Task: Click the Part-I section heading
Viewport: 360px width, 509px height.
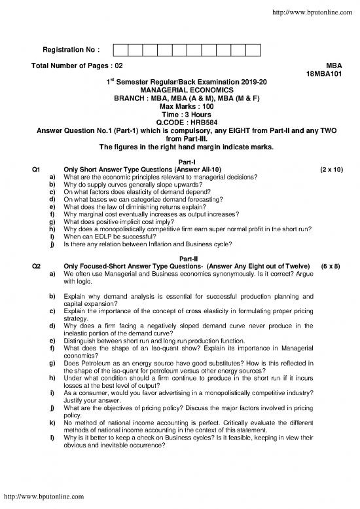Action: click(x=179, y=162)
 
